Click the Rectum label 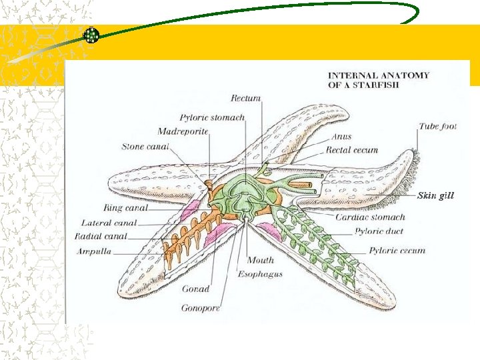click(x=245, y=99)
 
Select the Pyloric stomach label click(x=212, y=118)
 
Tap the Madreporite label click(x=183, y=132)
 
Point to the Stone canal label click(x=145, y=147)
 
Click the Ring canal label click(x=125, y=208)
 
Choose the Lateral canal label click(x=109, y=223)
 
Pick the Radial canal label click(x=101, y=237)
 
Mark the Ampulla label click(x=94, y=251)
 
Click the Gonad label click(x=195, y=289)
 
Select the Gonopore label click(x=200, y=308)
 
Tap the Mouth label click(x=261, y=260)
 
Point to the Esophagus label click(x=260, y=274)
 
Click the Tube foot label click(x=437, y=127)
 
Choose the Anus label click(x=341, y=137)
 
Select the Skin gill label click(x=435, y=196)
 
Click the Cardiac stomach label click(x=370, y=217)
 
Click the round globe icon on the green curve click(x=91, y=35)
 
